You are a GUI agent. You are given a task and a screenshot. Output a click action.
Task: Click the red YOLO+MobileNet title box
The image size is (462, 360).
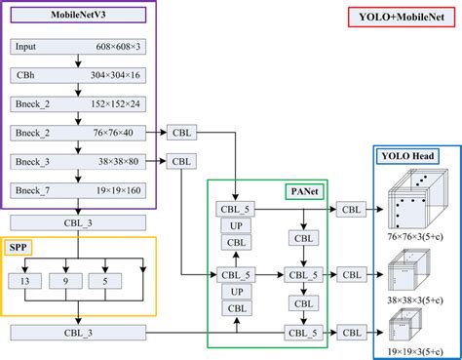pyautogui.click(x=403, y=18)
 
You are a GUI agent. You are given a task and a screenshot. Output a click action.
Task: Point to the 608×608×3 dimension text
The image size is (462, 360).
pyautogui.click(x=118, y=46)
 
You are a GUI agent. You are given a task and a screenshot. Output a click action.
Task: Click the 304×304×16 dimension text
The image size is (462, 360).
pyautogui.click(x=118, y=74)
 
